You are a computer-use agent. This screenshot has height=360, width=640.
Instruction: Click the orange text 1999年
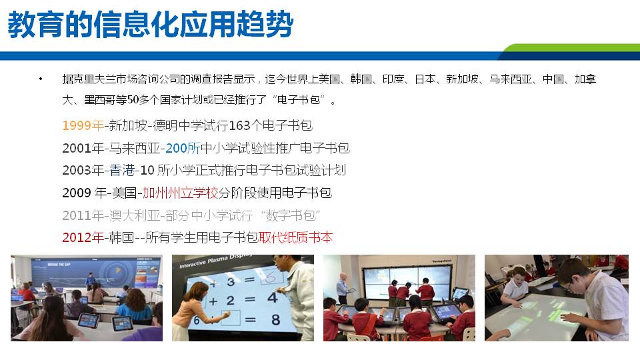click(x=83, y=125)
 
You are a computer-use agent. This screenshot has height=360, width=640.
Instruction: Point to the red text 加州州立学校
click(x=180, y=193)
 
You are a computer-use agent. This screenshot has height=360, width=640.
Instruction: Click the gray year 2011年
click(x=83, y=215)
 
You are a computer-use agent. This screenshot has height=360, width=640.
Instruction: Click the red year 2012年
click(x=83, y=237)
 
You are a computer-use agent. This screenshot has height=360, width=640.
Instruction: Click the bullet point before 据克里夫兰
click(x=41, y=79)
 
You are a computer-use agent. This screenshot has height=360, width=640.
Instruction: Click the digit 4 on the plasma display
click(x=272, y=297)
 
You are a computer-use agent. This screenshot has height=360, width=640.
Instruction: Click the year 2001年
click(x=83, y=148)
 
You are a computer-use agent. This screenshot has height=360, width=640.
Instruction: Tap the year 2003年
click(x=83, y=170)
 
